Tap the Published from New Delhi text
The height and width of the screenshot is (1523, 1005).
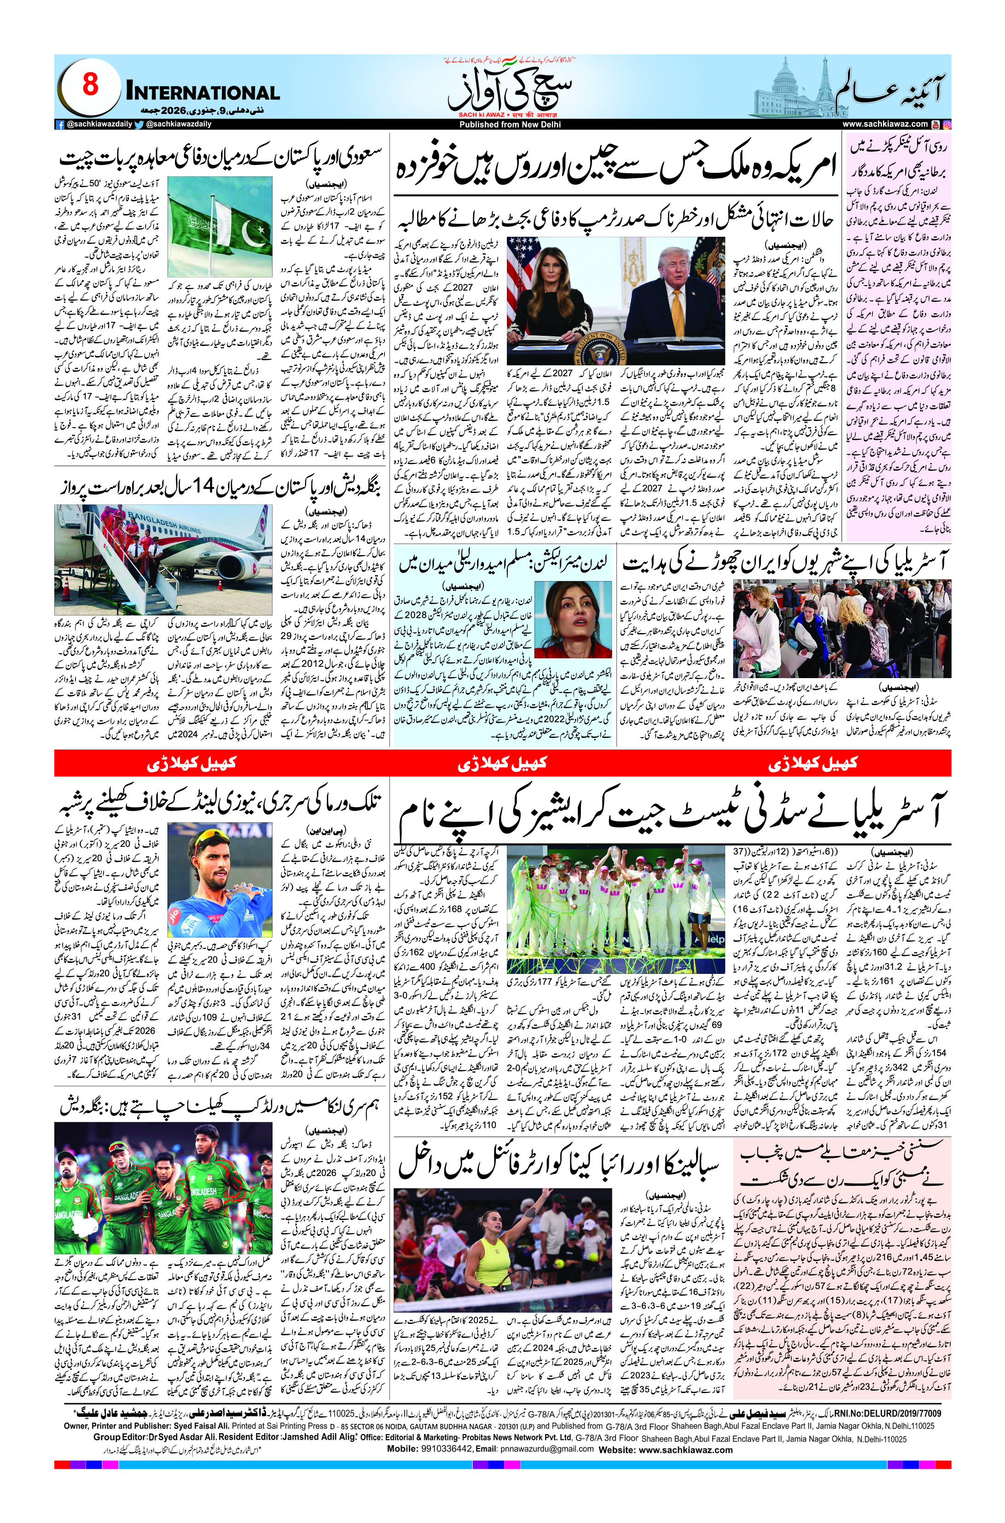(502, 124)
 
